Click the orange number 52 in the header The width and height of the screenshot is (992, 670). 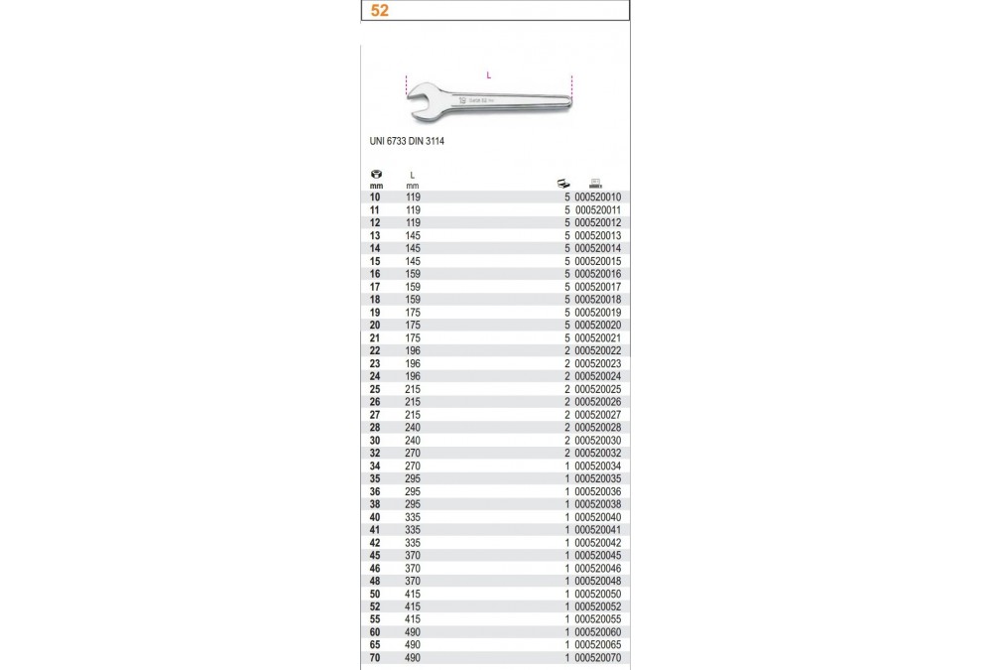(377, 12)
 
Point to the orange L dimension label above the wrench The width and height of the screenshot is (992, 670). (489, 74)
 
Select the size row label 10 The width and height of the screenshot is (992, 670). (375, 198)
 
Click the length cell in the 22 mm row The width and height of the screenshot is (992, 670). (414, 350)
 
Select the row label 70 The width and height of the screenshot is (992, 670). (375, 658)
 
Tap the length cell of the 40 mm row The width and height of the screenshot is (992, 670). (414, 517)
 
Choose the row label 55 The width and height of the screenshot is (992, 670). (375, 619)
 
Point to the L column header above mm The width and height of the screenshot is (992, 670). (412, 175)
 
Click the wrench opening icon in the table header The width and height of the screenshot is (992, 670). (375, 175)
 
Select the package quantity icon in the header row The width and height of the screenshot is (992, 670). (563, 182)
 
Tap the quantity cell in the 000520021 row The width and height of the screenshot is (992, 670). (567, 337)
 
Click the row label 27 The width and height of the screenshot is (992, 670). (375, 415)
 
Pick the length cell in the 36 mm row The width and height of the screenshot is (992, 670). (414, 491)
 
